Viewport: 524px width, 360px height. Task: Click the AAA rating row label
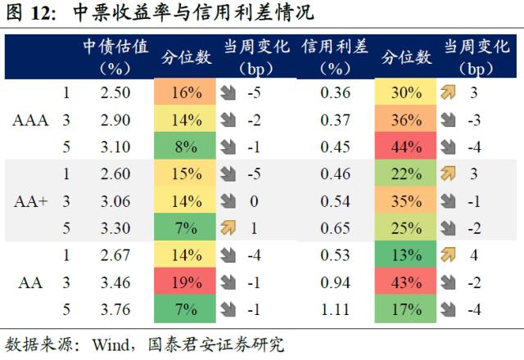click(x=31, y=121)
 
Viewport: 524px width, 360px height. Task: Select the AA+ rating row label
click(x=31, y=201)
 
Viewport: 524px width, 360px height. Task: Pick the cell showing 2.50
click(x=115, y=93)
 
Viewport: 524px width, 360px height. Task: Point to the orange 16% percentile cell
click(x=187, y=93)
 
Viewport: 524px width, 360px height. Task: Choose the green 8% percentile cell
click(x=187, y=148)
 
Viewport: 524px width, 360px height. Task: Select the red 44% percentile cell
click(x=406, y=148)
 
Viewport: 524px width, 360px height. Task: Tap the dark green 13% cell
click(x=406, y=256)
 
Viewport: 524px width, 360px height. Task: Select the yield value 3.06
click(x=115, y=201)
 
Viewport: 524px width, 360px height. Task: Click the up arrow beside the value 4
click(x=448, y=256)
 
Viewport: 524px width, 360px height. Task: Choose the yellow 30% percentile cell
click(x=406, y=93)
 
